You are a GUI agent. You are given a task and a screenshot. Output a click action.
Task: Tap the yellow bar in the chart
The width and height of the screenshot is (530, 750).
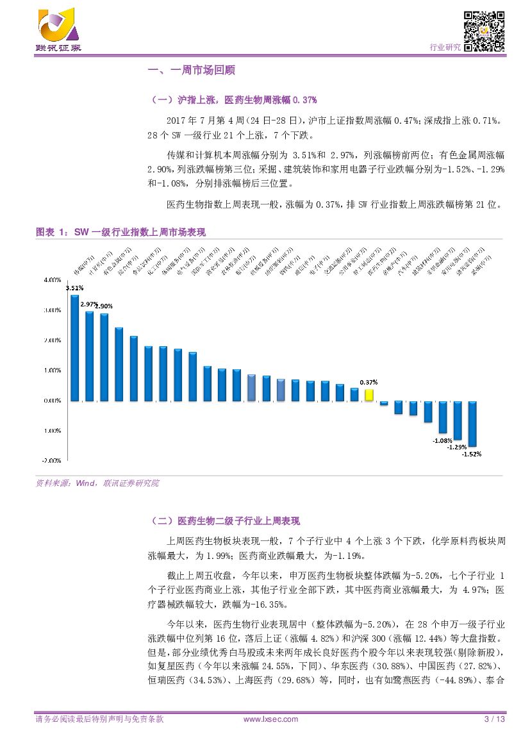369,395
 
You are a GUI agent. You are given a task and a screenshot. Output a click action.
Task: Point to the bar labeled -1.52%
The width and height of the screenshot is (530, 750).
472,424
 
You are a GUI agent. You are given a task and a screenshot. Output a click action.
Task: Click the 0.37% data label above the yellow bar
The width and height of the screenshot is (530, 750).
368,382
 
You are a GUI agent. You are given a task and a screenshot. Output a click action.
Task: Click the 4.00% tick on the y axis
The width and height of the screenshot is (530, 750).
53,280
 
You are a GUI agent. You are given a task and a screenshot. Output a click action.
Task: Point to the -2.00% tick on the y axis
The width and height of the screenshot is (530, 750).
52,460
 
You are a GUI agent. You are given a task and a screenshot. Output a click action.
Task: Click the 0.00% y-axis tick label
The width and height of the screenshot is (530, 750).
53,401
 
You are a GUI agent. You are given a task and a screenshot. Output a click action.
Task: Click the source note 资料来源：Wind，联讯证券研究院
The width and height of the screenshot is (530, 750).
97,483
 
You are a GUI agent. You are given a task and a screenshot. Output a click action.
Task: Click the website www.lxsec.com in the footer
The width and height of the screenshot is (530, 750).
271,719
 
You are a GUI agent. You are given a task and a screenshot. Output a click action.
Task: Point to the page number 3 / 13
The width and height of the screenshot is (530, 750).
495,719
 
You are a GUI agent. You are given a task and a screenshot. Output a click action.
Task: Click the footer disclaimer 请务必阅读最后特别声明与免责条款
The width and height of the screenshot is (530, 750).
99,719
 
